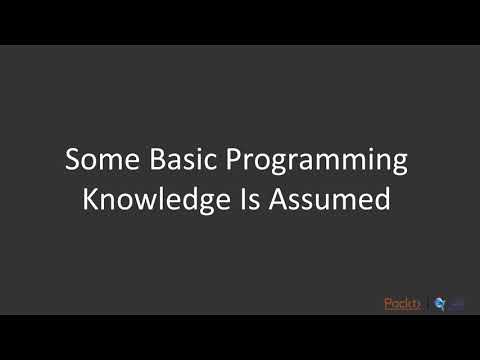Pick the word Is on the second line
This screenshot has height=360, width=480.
pyautogui.click(x=250, y=198)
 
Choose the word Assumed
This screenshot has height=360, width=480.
pyautogui.click(x=331, y=198)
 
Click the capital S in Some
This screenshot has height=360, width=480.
pyautogui.click(x=73, y=160)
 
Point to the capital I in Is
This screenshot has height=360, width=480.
pyautogui.click(x=244, y=198)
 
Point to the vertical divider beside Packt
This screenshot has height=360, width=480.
pyautogui.click(x=426, y=303)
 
